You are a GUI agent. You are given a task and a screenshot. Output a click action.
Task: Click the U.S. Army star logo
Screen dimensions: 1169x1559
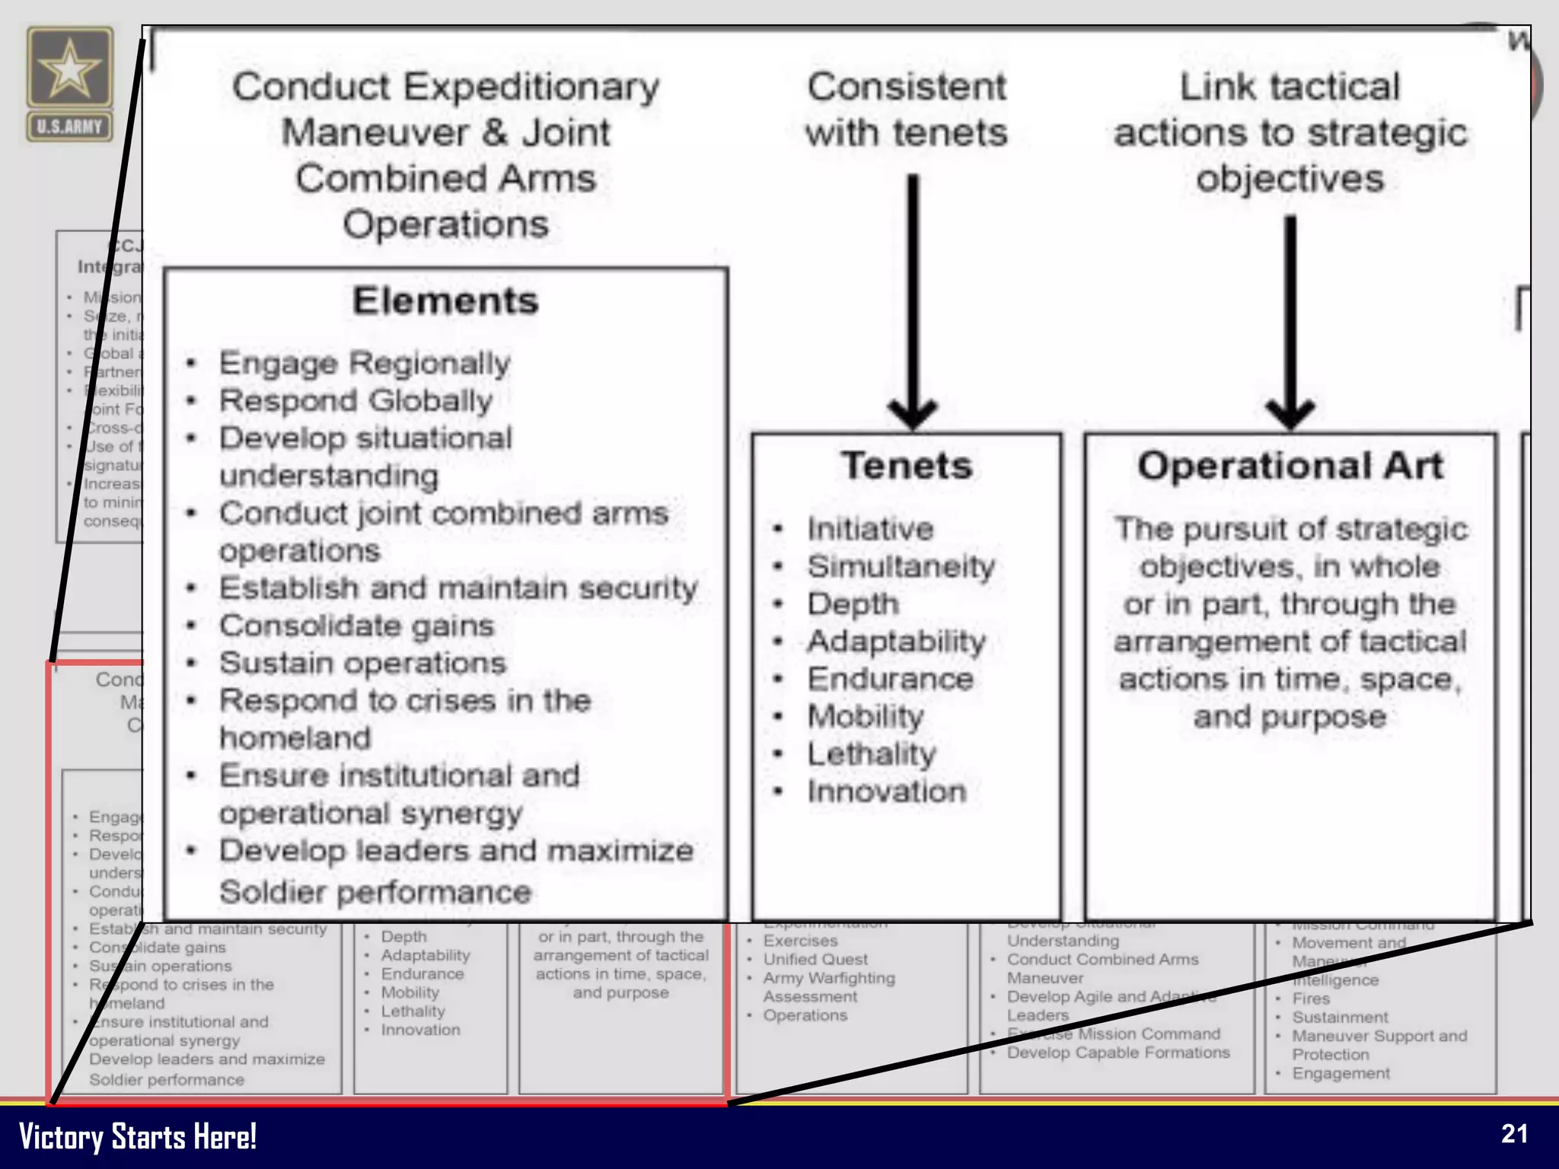pyautogui.click(x=69, y=68)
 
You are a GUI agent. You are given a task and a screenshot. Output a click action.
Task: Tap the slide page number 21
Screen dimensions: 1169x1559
pyautogui.click(x=1514, y=1134)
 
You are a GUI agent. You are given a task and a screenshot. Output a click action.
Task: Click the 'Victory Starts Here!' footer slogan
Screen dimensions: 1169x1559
pyautogui.click(x=137, y=1136)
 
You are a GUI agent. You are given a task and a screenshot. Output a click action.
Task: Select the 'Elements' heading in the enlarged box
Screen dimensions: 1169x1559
pyautogui.click(x=445, y=301)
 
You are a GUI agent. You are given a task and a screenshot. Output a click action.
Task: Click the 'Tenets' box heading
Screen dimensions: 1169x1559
pyautogui.click(x=907, y=466)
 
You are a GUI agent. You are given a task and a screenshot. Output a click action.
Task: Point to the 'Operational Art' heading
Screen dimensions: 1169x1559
pyautogui.click(x=1290, y=466)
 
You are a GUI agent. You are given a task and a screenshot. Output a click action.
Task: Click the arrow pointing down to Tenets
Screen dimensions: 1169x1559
pyautogui.click(x=912, y=304)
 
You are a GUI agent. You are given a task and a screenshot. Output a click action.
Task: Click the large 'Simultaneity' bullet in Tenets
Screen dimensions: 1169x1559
pyautogui.click(x=901, y=566)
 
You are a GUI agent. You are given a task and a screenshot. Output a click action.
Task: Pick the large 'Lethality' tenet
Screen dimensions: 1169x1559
pyautogui.click(x=872, y=753)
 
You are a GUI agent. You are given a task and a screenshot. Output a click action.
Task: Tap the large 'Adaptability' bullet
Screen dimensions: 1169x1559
pyautogui.click(x=897, y=641)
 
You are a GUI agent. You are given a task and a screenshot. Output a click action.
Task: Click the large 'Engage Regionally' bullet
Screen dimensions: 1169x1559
pyautogui.click(x=365, y=363)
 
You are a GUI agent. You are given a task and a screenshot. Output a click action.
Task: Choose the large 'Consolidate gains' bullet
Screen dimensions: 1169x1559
pyautogui.click(x=357, y=626)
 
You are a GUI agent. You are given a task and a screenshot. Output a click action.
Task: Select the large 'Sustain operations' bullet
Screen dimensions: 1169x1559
pyautogui.click(x=363, y=663)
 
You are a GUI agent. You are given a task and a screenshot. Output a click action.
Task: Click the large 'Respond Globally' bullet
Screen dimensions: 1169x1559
pyautogui.click(x=355, y=400)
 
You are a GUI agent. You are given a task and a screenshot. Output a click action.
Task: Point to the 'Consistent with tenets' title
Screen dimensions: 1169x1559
pyautogui.click(x=907, y=110)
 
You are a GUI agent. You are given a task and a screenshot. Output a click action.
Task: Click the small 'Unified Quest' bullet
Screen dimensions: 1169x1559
pyautogui.click(x=815, y=960)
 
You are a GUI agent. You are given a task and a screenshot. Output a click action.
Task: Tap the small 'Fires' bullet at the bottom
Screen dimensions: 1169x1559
pyautogui.click(x=1311, y=999)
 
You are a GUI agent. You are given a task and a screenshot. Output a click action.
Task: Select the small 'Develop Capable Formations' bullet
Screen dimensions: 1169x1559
pyautogui.click(x=1118, y=1053)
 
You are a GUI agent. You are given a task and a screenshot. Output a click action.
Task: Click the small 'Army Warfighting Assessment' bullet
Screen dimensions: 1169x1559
pyautogui.click(x=829, y=987)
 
